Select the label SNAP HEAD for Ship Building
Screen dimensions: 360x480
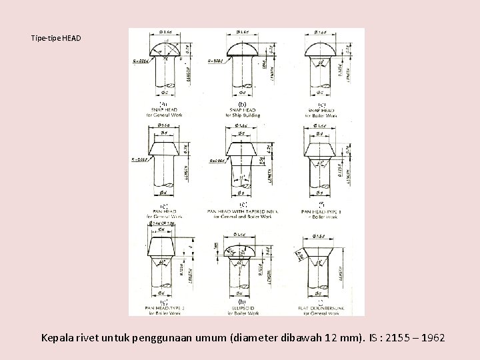tap(242, 110)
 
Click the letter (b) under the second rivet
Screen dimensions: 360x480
tap(242, 104)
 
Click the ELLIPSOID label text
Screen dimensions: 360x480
tap(242, 309)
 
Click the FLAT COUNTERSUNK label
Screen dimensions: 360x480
tap(321, 309)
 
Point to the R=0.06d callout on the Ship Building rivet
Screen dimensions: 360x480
tap(217, 61)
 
